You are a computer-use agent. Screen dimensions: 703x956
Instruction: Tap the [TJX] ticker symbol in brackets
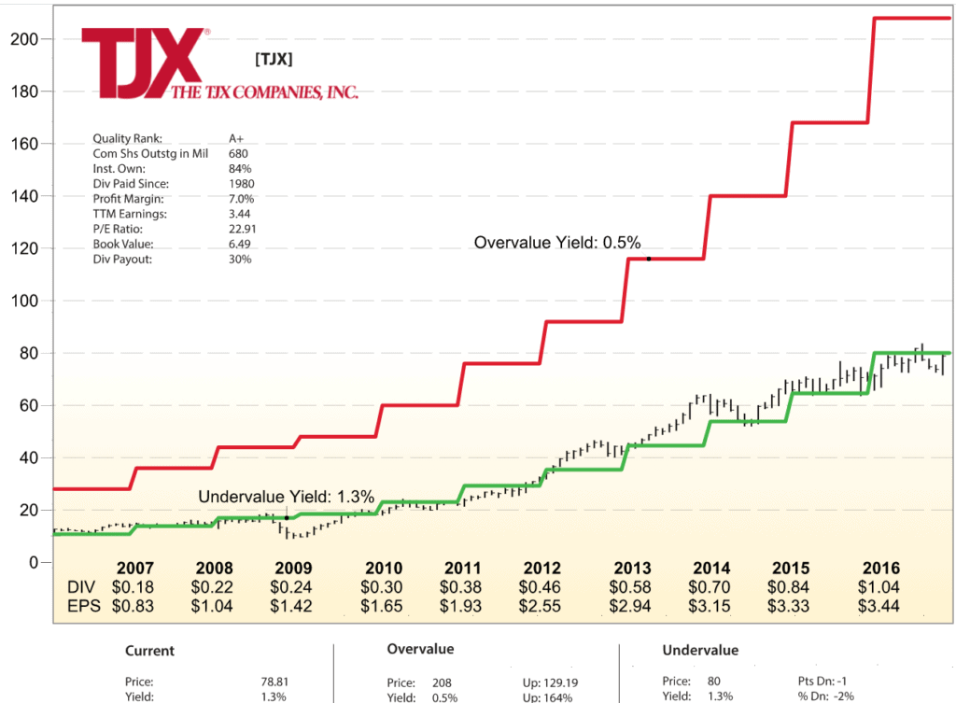click(x=274, y=60)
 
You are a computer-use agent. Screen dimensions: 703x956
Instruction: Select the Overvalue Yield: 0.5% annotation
click(x=557, y=243)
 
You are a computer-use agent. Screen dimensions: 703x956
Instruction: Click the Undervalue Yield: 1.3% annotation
click(x=286, y=498)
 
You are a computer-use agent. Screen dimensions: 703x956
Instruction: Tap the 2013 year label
click(x=632, y=569)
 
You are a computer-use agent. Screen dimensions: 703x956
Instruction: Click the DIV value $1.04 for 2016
click(x=880, y=587)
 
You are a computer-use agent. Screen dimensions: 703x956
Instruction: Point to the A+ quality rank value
click(x=236, y=139)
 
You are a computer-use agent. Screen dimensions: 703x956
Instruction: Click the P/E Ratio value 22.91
click(x=243, y=229)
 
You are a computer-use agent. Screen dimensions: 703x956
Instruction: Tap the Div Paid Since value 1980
click(x=242, y=184)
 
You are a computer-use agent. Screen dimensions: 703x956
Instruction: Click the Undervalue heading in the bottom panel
click(x=700, y=650)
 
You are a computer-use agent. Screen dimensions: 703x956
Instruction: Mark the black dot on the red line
click(x=648, y=259)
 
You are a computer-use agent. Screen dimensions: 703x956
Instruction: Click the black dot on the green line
click(x=286, y=517)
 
